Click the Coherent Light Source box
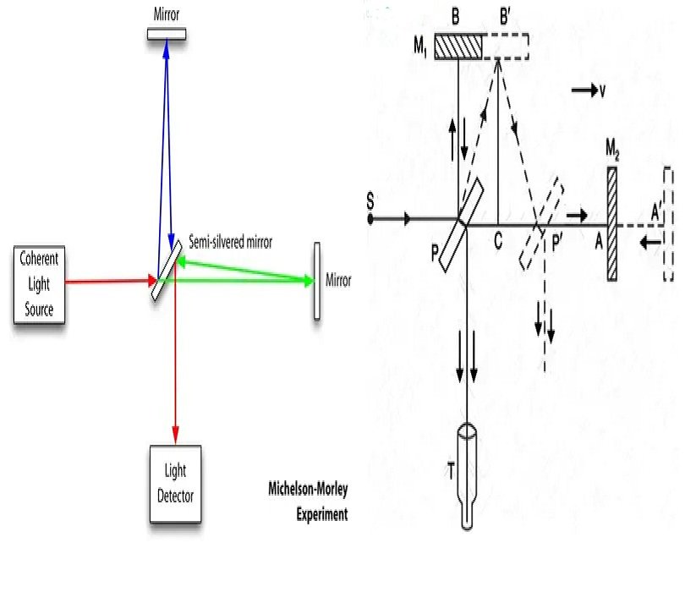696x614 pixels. click(39, 285)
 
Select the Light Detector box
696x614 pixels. click(175, 483)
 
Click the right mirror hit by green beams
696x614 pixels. click(317, 282)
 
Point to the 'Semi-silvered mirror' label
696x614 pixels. click(230, 241)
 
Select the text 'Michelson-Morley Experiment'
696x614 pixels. click(308, 502)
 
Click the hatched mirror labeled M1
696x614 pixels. click(458, 46)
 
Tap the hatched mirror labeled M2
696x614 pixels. click(612, 224)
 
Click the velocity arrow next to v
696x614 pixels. click(583, 90)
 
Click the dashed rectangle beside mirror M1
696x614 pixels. click(506, 46)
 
